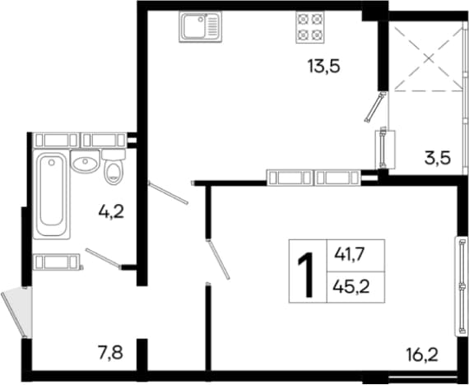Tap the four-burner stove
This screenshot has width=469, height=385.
pyautogui.click(x=310, y=27)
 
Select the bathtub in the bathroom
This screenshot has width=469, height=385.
pyautogui.click(x=52, y=194)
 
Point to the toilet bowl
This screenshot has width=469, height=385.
pyautogui.click(x=114, y=168)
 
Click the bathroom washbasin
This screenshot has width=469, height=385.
pyautogui.click(x=86, y=161)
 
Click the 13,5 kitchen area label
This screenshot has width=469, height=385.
pyautogui.click(x=324, y=66)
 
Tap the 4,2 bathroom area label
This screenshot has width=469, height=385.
pyautogui.click(x=111, y=212)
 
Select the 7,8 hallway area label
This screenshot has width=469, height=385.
pyautogui.click(x=110, y=353)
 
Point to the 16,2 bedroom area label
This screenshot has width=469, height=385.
pyautogui.click(x=422, y=355)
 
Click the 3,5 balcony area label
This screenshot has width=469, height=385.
pyautogui.click(x=438, y=158)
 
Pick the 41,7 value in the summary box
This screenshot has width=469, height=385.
pyautogui.click(x=351, y=255)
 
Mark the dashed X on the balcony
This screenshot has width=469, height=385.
pyautogui.click(x=429, y=58)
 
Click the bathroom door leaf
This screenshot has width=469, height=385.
pyautogui.click(x=103, y=257)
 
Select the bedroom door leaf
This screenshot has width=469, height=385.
pyautogui.click(x=219, y=259)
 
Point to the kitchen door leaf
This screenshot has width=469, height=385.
pyautogui.click(x=168, y=193)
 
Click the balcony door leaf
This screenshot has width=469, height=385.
pyautogui.click(x=374, y=107)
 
